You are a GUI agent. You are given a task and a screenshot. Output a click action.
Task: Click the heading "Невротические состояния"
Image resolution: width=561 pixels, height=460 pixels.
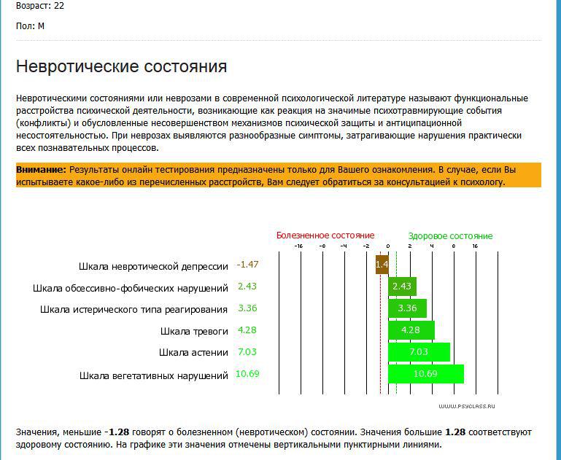coord(121,66)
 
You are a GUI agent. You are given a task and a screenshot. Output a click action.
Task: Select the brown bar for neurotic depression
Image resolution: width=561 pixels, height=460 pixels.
coord(382,265)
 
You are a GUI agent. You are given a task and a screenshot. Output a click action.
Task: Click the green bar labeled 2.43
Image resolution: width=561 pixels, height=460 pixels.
coord(402,286)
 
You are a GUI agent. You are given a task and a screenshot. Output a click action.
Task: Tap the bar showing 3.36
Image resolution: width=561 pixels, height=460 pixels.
coord(407,308)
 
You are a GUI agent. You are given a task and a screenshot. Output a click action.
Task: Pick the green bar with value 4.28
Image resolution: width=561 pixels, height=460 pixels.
coord(411,330)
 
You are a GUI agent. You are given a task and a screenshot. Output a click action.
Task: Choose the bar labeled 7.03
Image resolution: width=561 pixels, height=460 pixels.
coord(419,352)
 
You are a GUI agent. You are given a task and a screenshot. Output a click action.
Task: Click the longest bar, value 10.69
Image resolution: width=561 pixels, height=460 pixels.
coord(425,374)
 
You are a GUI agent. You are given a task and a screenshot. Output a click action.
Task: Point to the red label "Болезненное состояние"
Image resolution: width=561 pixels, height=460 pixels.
coord(325,235)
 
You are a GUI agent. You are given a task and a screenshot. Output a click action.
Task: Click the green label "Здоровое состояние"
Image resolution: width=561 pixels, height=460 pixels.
coord(450,235)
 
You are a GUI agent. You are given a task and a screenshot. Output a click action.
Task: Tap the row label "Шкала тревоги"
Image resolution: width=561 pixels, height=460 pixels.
coord(194,331)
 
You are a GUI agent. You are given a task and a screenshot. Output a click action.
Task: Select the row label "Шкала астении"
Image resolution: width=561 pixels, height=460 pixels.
coord(193,353)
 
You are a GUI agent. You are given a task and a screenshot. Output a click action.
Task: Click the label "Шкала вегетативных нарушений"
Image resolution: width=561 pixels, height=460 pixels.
coord(154,376)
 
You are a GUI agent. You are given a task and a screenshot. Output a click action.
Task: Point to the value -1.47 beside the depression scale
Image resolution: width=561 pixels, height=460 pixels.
coord(248,264)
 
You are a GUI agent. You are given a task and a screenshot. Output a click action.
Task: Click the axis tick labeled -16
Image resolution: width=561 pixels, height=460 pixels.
coord(298,246)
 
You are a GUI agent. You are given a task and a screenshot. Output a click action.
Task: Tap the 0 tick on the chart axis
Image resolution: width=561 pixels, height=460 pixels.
coord(388,246)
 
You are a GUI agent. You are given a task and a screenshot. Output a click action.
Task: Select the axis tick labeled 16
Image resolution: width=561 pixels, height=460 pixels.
coord(475,246)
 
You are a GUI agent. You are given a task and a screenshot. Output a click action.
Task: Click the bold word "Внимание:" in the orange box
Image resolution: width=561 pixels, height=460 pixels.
coord(41,169)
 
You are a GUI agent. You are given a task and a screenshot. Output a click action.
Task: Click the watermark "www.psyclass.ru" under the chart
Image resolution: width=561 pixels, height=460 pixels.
coord(467,406)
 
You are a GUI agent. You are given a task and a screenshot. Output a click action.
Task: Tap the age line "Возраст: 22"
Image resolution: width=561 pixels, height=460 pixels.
coord(39,5)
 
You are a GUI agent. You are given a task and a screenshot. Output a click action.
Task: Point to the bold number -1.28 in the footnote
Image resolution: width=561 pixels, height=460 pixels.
coord(120,432)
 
